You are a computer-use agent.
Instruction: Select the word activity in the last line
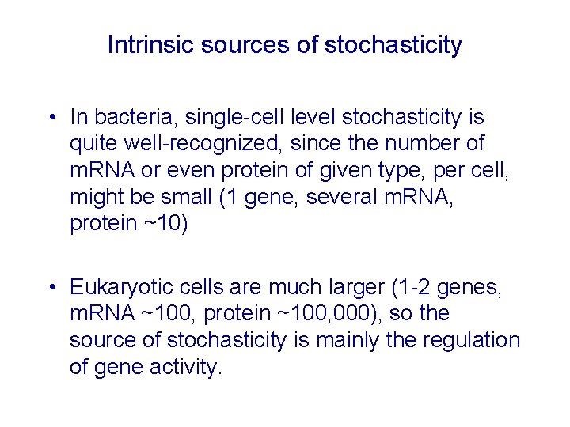pyautogui.click(x=184, y=367)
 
